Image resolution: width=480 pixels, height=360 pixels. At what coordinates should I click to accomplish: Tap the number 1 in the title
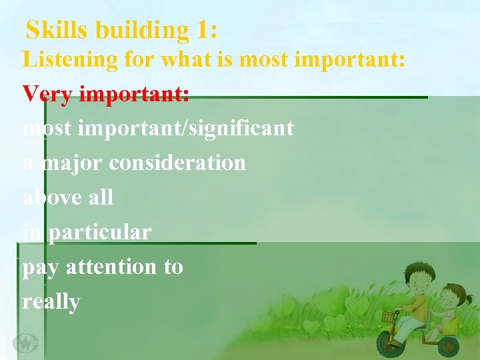point(202,30)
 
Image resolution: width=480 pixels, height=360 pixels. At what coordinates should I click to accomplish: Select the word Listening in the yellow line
point(70,59)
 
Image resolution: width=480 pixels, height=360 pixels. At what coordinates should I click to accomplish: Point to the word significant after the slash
point(243,128)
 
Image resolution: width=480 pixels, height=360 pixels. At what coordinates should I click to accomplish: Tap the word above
point(49,197)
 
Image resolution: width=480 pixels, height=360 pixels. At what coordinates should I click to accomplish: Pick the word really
point(51,302)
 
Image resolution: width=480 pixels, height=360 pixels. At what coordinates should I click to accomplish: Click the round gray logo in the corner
point(26,343)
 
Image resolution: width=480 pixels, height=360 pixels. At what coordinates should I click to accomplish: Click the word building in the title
point(142,30)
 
